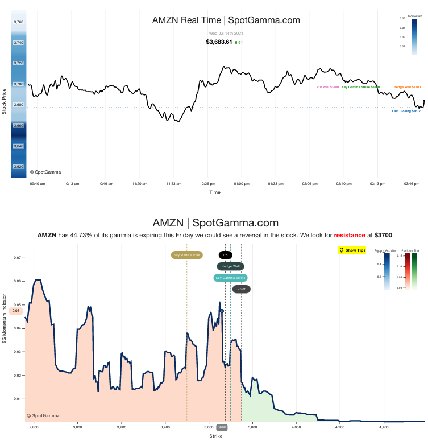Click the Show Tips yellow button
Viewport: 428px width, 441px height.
(x=352, y=250)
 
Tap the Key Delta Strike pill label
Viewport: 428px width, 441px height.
(x=186, y=255)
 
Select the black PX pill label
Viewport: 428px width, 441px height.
(x=225, y=255)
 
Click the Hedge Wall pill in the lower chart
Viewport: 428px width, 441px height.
(x=230, y=266)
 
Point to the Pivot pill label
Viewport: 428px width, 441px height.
(x=241, y=289)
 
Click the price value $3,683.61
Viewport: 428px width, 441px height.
(x=219, y=42)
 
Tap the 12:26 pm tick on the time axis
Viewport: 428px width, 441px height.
(x=207, y=184)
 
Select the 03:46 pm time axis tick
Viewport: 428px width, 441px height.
(x=411, y=184)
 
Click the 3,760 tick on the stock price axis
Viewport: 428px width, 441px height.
(x=18, y=22)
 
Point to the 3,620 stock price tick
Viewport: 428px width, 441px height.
(x=18, y=167)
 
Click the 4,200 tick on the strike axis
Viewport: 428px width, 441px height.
(x=340, y=426)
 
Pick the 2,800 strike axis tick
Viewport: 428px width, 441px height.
(x=34, y=426)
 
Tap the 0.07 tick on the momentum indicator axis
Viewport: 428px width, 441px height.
(x=16, y=258)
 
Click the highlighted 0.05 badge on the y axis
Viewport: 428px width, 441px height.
(x=16, y=311)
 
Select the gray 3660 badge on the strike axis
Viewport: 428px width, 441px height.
(x=222, y=427)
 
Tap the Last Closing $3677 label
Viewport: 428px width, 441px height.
(x=406, y=111)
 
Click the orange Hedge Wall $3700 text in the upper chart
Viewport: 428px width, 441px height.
(x=407, y=87)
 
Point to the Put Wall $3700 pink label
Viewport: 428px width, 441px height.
(x=327, y=87)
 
